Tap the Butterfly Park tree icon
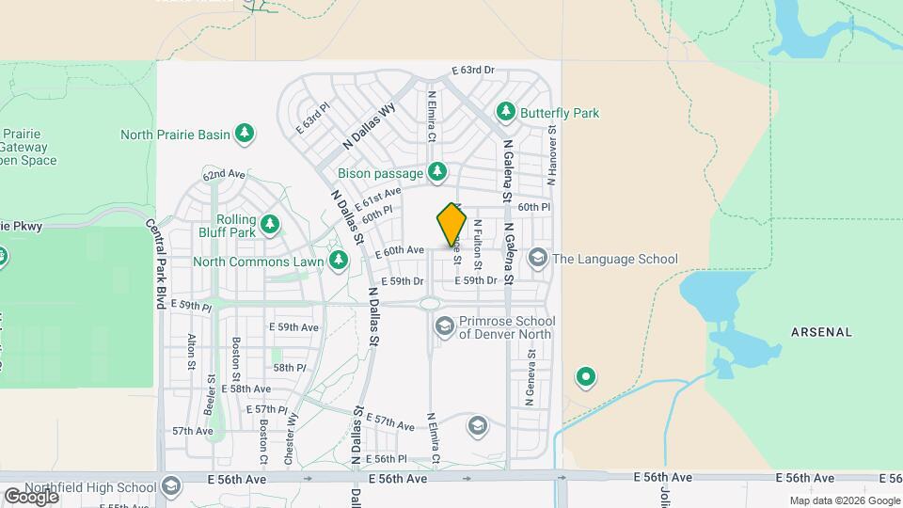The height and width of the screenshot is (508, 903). point(506,113)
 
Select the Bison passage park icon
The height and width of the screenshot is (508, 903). point(436,172)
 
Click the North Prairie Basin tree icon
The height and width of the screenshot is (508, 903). point(245,134)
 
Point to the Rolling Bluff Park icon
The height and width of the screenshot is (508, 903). point(271,224)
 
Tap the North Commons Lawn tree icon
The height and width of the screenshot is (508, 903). point(339,260)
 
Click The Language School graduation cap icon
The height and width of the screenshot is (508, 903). point(538,258)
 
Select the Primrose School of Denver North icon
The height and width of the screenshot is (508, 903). point(444,326)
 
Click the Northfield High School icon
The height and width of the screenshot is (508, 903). point(170,486)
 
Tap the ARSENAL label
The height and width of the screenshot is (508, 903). point(821,332)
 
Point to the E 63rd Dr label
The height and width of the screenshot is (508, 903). point(473,71)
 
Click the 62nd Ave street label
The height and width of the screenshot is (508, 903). point(224,175)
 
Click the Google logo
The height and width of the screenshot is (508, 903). point(30,496)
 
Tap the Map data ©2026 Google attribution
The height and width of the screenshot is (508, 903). point(844,500)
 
